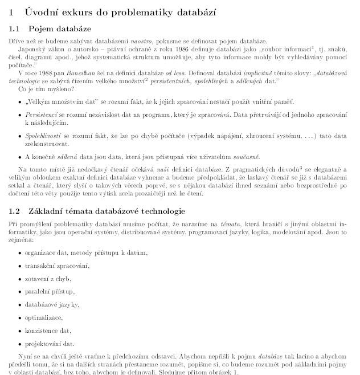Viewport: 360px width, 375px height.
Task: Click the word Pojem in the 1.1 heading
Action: point(40,28)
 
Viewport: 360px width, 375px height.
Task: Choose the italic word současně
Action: point(247,156)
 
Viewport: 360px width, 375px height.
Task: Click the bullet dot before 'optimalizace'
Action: point(20,318)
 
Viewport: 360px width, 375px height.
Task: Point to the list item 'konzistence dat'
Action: point(48,331)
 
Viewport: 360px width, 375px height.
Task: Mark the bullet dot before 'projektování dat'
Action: point(20,344)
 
